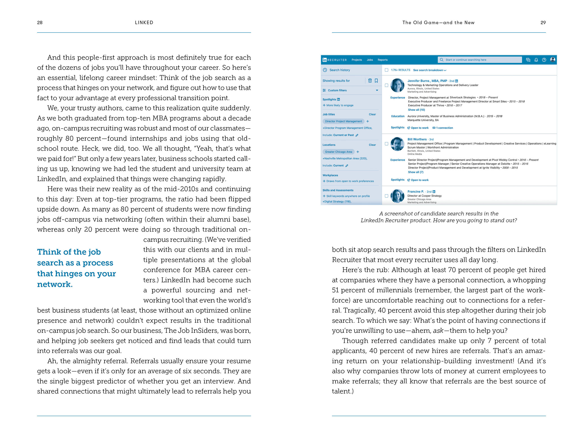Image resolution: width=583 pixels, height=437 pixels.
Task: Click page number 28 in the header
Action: pyautogui.click(x=40, y=23)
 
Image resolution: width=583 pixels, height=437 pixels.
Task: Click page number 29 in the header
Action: pyautogui.click(x=543, y=23)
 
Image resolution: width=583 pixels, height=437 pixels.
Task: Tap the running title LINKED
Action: pyautogui.click(x=144, y=23)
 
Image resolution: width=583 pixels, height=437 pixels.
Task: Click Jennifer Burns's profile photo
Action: pyautogui.click(x=397, y=85)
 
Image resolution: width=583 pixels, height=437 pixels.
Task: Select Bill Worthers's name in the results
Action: pyautogui.click(x=417, y=139)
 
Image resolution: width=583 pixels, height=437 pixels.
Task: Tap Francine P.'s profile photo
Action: pyautogui.click(x=397, y=196)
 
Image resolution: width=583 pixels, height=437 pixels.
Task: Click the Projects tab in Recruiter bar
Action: pyautogui.click(x=357, y=60)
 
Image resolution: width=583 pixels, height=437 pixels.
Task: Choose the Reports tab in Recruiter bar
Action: pyautogui.click(x=383, y=60)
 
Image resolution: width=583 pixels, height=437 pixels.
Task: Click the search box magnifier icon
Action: pyautogui.click(x=442, y=60)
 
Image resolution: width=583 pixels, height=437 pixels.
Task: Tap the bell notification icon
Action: pyautogui.click(x=536, y=60)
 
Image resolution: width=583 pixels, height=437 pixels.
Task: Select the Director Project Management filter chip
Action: pyautogui.click(x=343, y=121)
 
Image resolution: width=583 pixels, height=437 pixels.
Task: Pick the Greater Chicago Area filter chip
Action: pyautogui.click(x=338, y=152)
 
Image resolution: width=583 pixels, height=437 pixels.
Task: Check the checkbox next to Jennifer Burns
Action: pyautogui.click(x=386, y=85)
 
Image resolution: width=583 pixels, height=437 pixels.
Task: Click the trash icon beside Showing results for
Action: pyautogui.click(x=370, y=81)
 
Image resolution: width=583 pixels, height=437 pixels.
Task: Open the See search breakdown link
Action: pyautogui.click(x=430, y=70)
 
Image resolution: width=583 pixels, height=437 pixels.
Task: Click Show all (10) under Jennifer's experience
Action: pyautogui.click(x=416, y=110)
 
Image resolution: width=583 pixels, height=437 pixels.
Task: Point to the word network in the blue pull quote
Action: pyautogui.click(x=54, y=284)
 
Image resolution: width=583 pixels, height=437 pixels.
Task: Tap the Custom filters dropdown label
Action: pyautogui.click(x=337, y=90)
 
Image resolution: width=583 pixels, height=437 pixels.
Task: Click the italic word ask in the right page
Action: pyautogui.click(x=438, y=331)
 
